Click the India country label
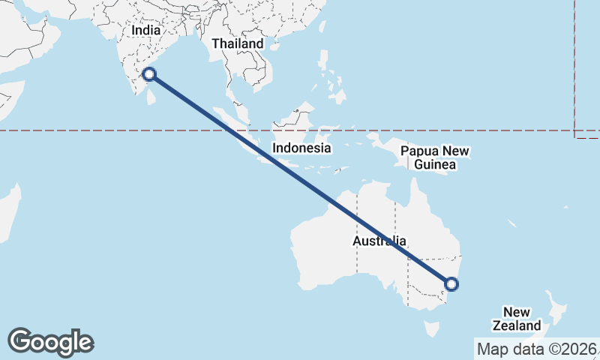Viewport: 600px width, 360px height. tap(145, 31)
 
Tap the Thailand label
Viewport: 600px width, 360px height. tap(237, 43)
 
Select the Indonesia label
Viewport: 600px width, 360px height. tap(301, 148)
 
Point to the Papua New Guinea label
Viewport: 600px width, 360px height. tap(435, 157)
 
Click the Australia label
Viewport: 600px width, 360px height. tap(379, 241)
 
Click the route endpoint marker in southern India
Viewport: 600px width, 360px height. tap(149, 73)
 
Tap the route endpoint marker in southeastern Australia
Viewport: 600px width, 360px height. tap(451, 283)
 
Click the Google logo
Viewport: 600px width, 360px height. tap(50, 342)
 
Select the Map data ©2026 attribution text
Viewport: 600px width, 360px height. tap(537, 349)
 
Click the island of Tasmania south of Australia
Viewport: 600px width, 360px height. tap(430, 328)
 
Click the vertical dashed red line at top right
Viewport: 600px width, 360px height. tap(574, 67)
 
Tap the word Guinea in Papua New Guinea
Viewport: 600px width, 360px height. tap(434, 164)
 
